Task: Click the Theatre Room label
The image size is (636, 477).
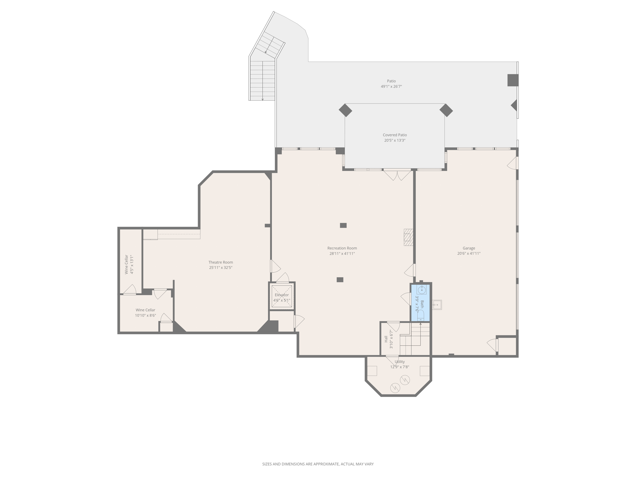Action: point(220,262)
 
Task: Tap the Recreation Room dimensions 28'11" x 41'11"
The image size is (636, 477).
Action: point(342,253)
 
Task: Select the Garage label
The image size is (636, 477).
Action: point(469,248)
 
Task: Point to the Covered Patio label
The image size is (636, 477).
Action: point(395,135)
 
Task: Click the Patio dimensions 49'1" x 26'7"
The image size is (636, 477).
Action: point(391,87)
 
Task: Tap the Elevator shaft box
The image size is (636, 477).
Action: point(282,296)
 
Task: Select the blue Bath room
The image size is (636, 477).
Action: point(420,303)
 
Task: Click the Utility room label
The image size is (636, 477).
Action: point(400,362)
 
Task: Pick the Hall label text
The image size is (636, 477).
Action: point(386,339)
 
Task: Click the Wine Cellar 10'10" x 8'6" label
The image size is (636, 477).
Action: point(145,313)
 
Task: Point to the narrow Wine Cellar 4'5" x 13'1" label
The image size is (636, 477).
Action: point(129,264)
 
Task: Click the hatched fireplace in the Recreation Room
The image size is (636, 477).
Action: point(408,237)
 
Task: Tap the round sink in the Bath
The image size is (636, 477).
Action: point(421,290)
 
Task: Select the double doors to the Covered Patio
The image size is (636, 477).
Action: point(397,175)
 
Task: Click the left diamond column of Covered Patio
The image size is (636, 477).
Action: point(345,110)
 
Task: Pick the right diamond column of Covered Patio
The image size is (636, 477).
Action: point(446,110)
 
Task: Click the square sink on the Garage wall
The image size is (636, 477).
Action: point(437,305)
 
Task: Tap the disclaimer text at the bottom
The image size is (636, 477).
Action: point(318,464)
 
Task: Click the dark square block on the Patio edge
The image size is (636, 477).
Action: point(513,80)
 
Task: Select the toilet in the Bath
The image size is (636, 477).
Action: point(421,316)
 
